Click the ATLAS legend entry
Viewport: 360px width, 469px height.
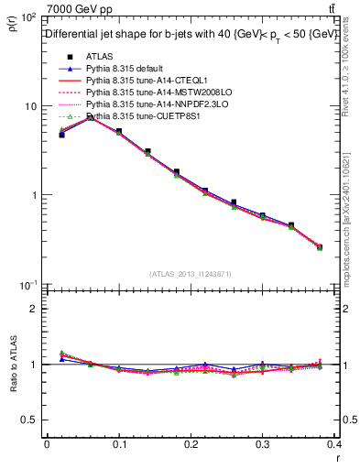[x=100, y=56]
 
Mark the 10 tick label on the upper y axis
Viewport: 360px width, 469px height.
[x=30, y=106]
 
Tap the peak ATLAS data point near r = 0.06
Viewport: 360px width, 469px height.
[x=91, y=117]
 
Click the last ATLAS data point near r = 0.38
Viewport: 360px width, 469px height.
[x=320, y=247]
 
